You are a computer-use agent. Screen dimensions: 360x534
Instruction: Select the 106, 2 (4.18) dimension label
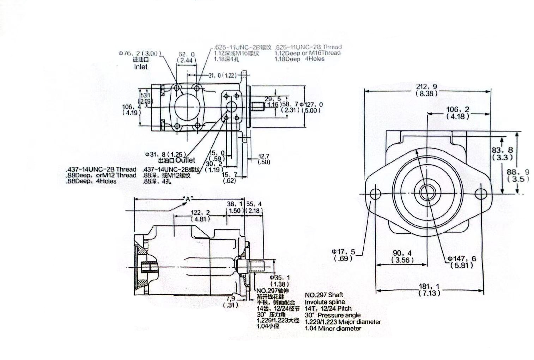click(457, 112)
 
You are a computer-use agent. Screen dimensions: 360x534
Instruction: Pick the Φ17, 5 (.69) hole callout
click(343, 255)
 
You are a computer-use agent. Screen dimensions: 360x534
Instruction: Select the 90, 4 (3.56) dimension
click(402, 257)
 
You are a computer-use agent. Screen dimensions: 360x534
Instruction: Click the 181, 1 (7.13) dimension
click(429, 289)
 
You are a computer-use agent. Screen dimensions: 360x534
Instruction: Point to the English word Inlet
click(141, 67)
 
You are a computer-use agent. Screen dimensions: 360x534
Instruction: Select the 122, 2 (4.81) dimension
click(200, 215)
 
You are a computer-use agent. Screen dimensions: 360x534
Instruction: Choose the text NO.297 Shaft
click(324, 295)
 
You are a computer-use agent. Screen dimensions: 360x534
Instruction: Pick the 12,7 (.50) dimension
click(263, 159)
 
